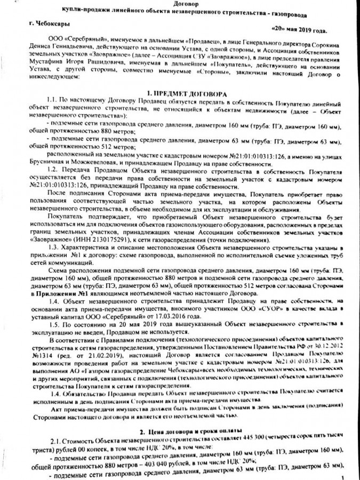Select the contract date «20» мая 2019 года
coord(299,29)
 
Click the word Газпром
coord(92,370)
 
